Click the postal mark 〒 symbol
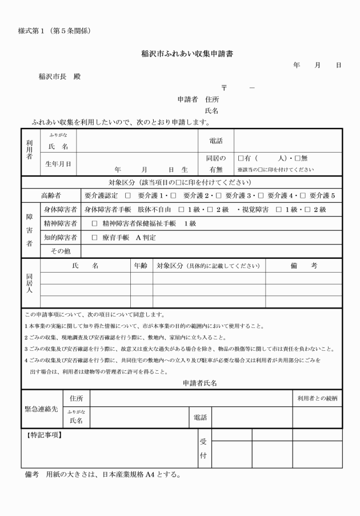point(224,87)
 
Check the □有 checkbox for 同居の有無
point(241,158)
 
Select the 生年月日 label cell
point(58,164)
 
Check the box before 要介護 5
point(302,196)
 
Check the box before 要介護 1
point(128,196)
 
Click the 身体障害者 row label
point(61,210)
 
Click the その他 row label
point(59,250)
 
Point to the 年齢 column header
point(141,266)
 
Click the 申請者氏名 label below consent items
point(199,383)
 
